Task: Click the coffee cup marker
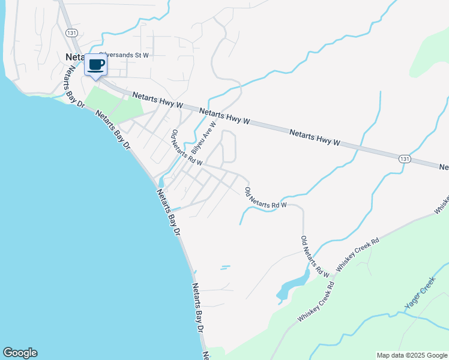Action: point(96,65)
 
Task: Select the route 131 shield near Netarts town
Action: point(71,33)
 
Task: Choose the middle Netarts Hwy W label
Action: point(224,116)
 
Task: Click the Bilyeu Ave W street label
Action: point(203,137)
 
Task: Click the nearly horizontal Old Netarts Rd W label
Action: point(266,198)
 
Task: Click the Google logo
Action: point(20,353)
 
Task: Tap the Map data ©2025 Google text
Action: point(412,355)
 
